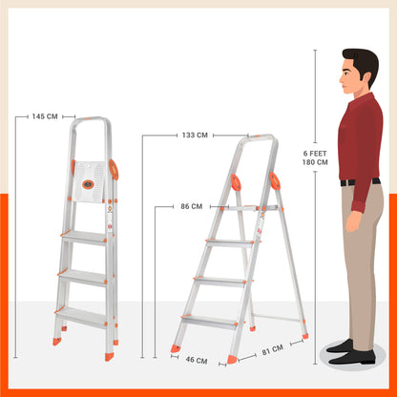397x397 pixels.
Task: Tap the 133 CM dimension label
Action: [195, 136]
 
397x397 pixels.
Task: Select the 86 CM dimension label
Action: [191, 206]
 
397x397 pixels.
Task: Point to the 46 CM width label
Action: [197, 361]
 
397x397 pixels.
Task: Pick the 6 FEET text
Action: [315, 153]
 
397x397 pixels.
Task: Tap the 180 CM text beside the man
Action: [315, 162]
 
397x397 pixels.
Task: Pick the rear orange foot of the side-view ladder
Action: [304, 335]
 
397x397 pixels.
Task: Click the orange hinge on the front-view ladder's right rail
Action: [115, 170]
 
